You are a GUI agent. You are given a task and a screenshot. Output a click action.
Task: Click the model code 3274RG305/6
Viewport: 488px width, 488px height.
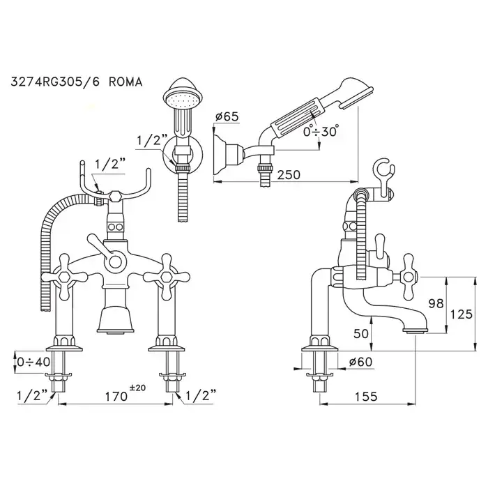click(x=56, y=82)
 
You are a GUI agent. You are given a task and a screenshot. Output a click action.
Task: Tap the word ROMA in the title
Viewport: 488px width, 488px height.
click(x=126, y=82)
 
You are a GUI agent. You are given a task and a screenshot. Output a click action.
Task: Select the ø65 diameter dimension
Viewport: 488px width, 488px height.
click(x=227, y=116)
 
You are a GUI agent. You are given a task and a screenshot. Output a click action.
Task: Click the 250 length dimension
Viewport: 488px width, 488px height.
click(x=289, y=174)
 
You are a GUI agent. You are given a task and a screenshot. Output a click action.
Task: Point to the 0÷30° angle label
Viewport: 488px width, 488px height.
click(x=321, y=131)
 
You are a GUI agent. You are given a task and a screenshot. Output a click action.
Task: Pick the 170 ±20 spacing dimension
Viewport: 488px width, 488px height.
click(x=125, y=395)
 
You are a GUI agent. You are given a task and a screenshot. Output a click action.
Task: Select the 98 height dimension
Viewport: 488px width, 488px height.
click(x=436, y=303)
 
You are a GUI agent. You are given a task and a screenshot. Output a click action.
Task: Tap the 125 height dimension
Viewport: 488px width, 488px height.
click(x=462, y=314)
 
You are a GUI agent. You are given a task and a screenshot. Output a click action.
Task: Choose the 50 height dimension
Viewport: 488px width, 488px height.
click(x=361, y=334)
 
